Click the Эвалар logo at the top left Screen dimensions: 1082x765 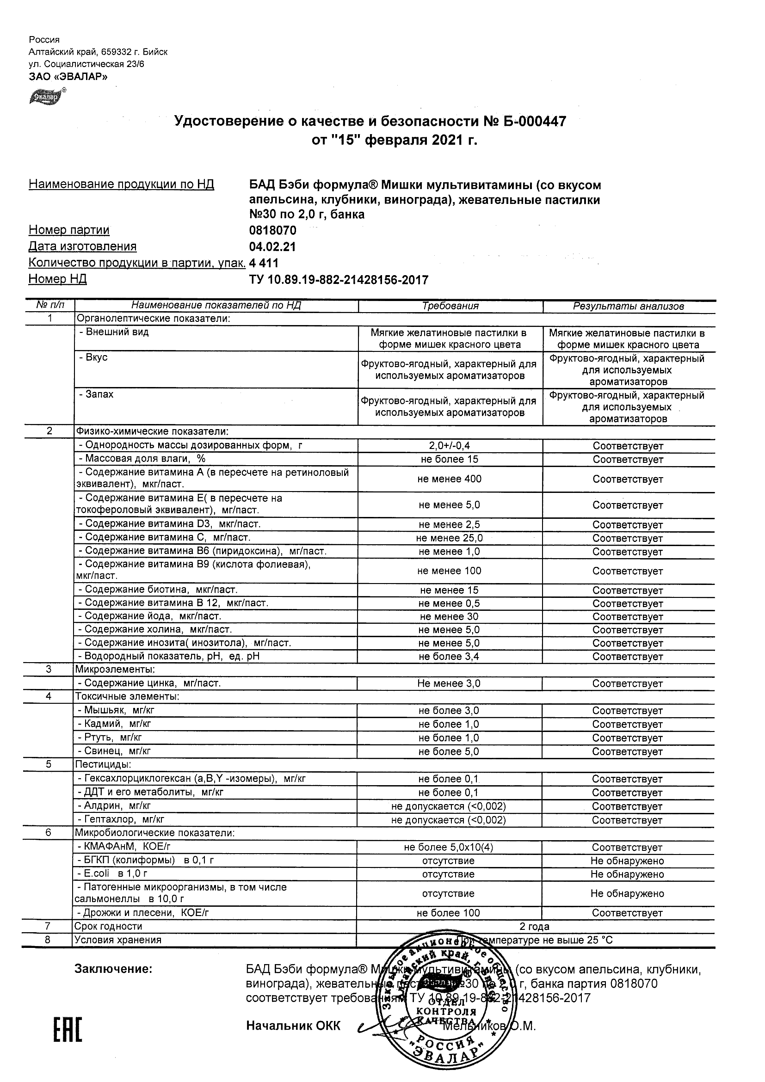tap(46, 97)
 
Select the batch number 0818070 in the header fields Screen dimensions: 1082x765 tap(272, 230)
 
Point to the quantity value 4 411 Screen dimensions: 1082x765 tap(264, 263)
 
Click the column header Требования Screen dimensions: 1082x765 tap(450, 306)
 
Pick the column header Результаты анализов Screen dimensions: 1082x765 tap(628, 306)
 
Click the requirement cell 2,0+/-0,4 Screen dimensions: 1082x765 tap(450, 445)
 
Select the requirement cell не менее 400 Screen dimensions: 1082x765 tap(450, 479)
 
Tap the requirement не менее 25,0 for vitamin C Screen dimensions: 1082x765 tap(450, 538)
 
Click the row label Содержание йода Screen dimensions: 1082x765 tap(150, 616)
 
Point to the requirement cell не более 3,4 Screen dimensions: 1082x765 tap(449, 657)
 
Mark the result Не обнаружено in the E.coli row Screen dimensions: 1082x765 tap(627, 874)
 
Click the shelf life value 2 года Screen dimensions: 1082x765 tap(534, 927)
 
